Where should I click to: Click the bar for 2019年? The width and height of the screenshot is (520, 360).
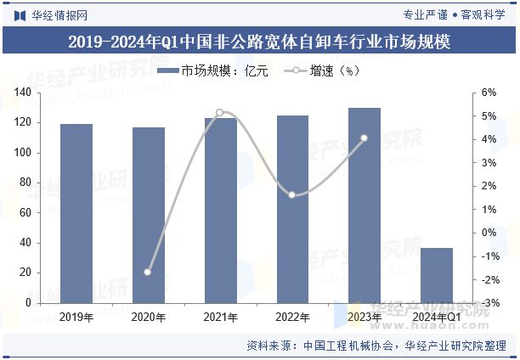point(76,213)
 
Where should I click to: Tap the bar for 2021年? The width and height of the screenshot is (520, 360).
point(221,210)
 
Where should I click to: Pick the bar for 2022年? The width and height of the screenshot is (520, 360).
point(292,209)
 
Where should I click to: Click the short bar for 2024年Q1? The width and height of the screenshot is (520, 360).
point(437,275)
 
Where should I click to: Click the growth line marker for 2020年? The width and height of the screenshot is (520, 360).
point(148,273)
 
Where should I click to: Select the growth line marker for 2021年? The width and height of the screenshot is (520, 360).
point(220,112)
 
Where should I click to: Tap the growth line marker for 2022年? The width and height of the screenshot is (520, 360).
point(292,195)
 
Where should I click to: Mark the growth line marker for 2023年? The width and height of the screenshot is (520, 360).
point(365,138)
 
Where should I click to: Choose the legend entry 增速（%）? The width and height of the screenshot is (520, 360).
point(323,71)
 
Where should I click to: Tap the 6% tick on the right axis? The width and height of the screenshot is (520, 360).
point(489,93)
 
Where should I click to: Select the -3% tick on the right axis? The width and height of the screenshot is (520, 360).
point(489,303)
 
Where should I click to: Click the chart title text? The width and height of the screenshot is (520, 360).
point(259,41)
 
